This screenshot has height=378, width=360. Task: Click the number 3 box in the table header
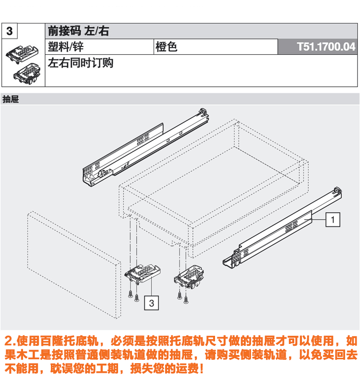point(11,32)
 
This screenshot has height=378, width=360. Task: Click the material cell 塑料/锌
point(66,47)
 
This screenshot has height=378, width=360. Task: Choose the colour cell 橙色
point(166,47)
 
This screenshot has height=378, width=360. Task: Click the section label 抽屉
point(10,100)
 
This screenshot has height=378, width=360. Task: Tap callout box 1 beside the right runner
point(333,219)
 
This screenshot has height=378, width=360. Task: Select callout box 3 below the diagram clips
point(151,303)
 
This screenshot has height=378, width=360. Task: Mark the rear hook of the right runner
point(338,191)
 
